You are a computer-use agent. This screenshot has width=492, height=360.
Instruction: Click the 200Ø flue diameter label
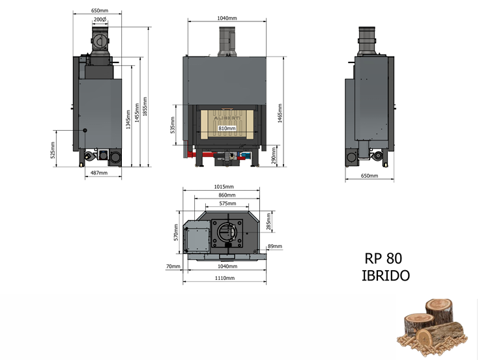pos(100,20)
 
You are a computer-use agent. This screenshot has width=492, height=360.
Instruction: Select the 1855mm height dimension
pos(145,107)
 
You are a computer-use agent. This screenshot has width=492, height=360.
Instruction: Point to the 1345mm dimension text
pos(128,118)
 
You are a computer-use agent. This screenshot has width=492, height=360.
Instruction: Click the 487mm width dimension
pos(98,173)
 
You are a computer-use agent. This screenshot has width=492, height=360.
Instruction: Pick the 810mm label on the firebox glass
pos(226,129)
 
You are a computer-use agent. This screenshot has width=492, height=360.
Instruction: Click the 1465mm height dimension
pos(280,113)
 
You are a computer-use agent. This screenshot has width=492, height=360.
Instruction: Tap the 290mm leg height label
pos(274,156)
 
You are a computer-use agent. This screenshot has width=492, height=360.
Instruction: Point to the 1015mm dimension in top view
pos(224,187)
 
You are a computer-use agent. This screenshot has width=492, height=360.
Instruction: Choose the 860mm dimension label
pos(226,195)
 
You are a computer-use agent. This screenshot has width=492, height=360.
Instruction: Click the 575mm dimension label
pos(227,204)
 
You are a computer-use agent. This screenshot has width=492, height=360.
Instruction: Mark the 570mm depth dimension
pos(175,232)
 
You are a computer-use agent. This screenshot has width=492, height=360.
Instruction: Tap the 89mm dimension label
pos(275,246)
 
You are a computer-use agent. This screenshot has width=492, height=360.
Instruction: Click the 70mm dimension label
pos(173,266)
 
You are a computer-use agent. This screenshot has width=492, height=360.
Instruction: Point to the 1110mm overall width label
pos(224,278)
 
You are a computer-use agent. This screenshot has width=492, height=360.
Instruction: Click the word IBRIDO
pos(386,276)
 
